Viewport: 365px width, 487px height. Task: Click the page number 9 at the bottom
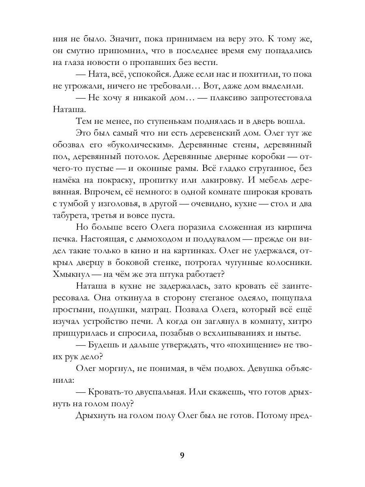pos(182,455)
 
